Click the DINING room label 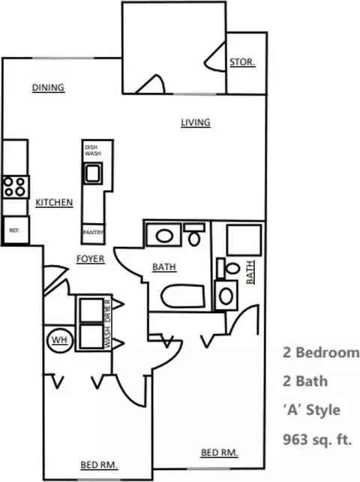[x=47, y=88]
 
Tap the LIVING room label [x=195, y=122]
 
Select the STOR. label [x=241, y=62]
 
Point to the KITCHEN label [x=54, y=203]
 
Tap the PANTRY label [x=94, y=233]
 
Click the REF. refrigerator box [x=13, y=231]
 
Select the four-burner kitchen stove [x=14, y=185]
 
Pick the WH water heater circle [x=58, y=339]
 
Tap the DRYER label [x=107, y=309]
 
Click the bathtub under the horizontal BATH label [x=176, y=296]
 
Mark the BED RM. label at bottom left [x=99, y=465]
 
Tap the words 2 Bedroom [x=320, y=352]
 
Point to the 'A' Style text [x=311, y=410]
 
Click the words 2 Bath [x=304, y=381]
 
